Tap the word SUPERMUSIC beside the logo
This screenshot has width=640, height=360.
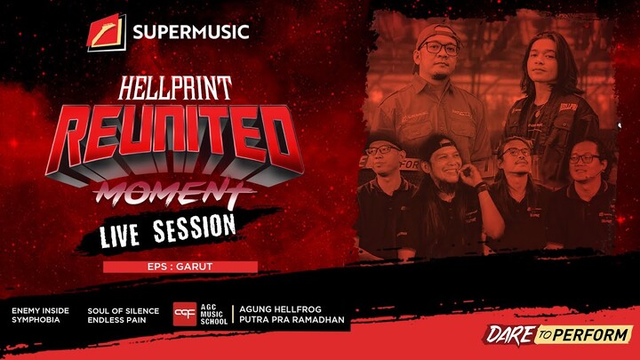coord(190,34)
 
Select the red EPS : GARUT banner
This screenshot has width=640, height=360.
coord(180,267)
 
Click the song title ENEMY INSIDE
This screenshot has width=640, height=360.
coord(39,311)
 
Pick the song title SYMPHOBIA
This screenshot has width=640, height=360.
coord(36,320)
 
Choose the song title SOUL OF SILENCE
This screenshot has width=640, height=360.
coord(123,311)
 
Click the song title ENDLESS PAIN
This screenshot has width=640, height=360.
coord(118,320)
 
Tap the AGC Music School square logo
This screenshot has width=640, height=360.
coord(185,315)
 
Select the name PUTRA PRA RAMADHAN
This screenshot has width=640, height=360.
coord(288,320)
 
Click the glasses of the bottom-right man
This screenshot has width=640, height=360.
coord(582,159)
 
